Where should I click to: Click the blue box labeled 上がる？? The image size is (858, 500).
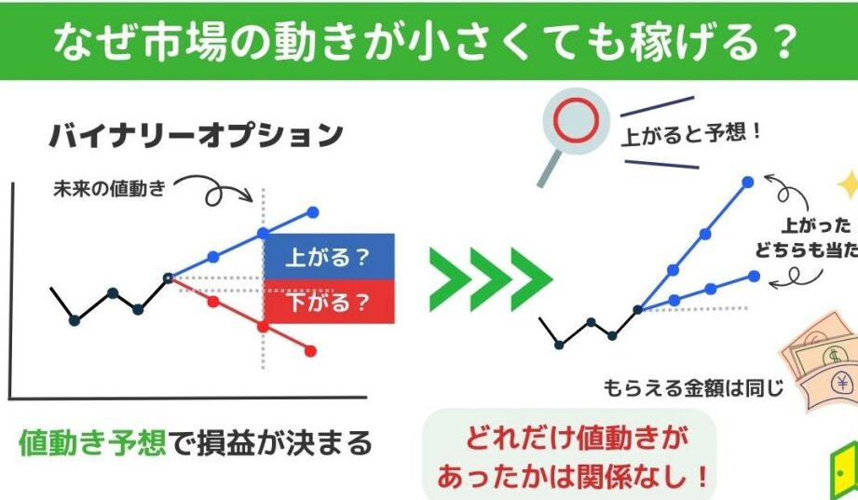coord(330,257)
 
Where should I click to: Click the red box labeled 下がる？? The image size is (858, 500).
coord(330,302)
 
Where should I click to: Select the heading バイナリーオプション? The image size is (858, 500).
coord(197,135)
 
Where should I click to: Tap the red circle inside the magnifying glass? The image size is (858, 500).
coord(576,121)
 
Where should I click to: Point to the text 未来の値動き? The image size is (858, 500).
coord(109,189)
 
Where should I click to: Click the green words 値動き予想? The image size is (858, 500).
coord(92,442)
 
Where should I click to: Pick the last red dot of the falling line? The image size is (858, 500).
coord(310,351)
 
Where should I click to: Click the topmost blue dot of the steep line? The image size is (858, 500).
coord(747,182)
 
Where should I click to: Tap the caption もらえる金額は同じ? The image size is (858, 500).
coord(693,388)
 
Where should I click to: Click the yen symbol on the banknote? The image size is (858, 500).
coord(841,383)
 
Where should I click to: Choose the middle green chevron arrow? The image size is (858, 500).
coord(491,279)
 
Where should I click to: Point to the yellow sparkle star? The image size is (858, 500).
coord(849,185)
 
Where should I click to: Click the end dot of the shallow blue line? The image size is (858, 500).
coord(754,277)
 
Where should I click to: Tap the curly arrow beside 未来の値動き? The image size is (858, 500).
coord(213,190)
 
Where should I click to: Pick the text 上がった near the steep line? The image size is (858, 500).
coord(816,225)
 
